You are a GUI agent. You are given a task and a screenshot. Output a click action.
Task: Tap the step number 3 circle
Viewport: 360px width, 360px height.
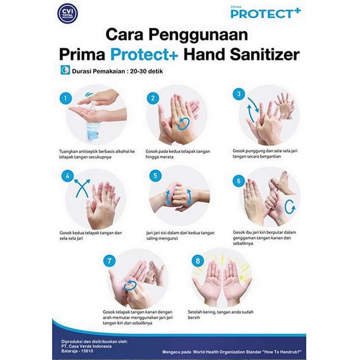pyautogui.click(x=239, y=94)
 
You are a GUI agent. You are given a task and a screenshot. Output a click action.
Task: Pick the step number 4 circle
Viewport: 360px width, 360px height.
pyautogui.click(x=65, y=176)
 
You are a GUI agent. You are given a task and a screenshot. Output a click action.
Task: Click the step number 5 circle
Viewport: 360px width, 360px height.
pyautogui.click(x=153, y=175)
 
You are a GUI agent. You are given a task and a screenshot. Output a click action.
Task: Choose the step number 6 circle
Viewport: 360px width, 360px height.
pyautogui.click(x=238, y=181)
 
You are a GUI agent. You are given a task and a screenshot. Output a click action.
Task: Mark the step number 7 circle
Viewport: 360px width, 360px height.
pyautogui.click(x=109, y=261)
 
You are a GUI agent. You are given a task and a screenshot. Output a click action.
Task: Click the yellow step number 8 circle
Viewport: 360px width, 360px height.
pyautogui.click(x=198, y=261)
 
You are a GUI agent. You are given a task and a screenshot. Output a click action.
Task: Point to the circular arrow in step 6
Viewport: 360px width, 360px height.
pyautogui.click(x=290, y=207)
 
